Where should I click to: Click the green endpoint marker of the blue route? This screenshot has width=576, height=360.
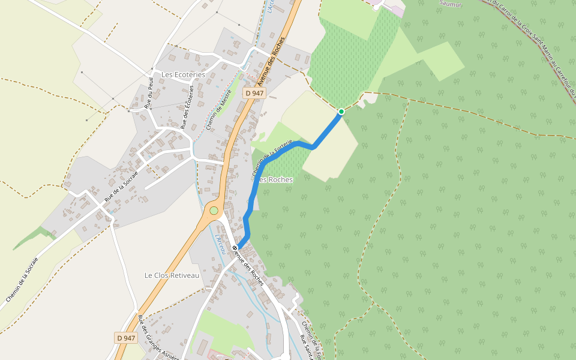(x=341, y=111)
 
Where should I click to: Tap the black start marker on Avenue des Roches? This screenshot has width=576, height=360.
(x=235, y=247)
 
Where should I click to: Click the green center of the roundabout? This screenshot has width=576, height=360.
(x=214, y=211)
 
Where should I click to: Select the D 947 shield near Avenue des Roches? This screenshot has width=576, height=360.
(x=254, y=93)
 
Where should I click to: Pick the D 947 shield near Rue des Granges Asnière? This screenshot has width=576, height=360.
(x=126, y=338)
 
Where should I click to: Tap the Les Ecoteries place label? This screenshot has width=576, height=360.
(x=183, y=74)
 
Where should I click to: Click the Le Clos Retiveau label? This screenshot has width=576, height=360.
(x=171, y=275)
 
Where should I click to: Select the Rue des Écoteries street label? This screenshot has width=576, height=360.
(x=187, y=107)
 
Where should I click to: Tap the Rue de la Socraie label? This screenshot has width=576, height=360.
(x=121, y=185)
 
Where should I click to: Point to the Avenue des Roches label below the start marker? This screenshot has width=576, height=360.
(x=250, y=268)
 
